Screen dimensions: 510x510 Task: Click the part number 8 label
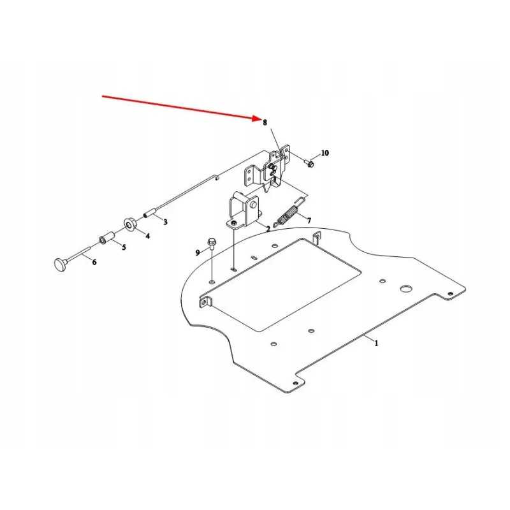click(265, 122)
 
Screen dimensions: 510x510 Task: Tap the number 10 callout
click(325, 153)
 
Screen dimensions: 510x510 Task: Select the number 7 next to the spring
click(309, 221)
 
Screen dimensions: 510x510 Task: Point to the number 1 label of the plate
click(376, 343)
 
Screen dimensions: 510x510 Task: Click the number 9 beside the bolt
click(198, 252)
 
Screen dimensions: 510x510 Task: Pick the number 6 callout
click(94, 262)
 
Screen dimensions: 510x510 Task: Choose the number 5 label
click(124, 247)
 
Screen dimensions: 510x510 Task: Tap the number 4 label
click(148, 236)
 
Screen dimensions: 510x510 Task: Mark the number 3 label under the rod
click(165, 222)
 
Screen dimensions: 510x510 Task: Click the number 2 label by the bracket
click(268, 229)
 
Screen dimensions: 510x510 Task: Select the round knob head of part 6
click(60, 264)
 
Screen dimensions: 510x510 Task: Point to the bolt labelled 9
click(212, 244)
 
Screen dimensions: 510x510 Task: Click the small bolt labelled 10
click(309, 163)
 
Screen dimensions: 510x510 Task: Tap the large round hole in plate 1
click(406, 289)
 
